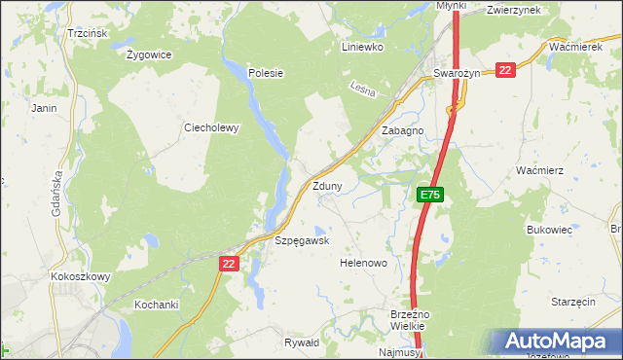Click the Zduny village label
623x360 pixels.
click(x=326, y=186)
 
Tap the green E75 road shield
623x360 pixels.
click(x=431, y=196)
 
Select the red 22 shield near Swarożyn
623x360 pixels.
click(x=504, y=70)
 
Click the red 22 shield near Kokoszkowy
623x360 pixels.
click(x=229, y=264)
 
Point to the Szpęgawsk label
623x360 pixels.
click(x=303, y=240)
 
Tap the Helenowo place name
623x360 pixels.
click(x=364, y=263)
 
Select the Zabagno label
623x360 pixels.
click(x=403, y=130)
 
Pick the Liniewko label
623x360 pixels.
click(x=363, y=46)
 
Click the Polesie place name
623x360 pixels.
click(x=265, y=72)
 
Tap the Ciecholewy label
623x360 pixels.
click(x=211, y=126)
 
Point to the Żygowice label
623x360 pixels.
click(x=149, y=54)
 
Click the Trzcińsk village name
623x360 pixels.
click(x=86, y=33)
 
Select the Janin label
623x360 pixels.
click(x=45, y=108)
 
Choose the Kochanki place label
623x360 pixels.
click(x=157, y=305)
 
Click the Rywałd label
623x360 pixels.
click(x=301, y=342)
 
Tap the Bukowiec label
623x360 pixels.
click(x=548, y=231)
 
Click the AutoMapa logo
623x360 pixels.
click(x=556, y=342)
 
